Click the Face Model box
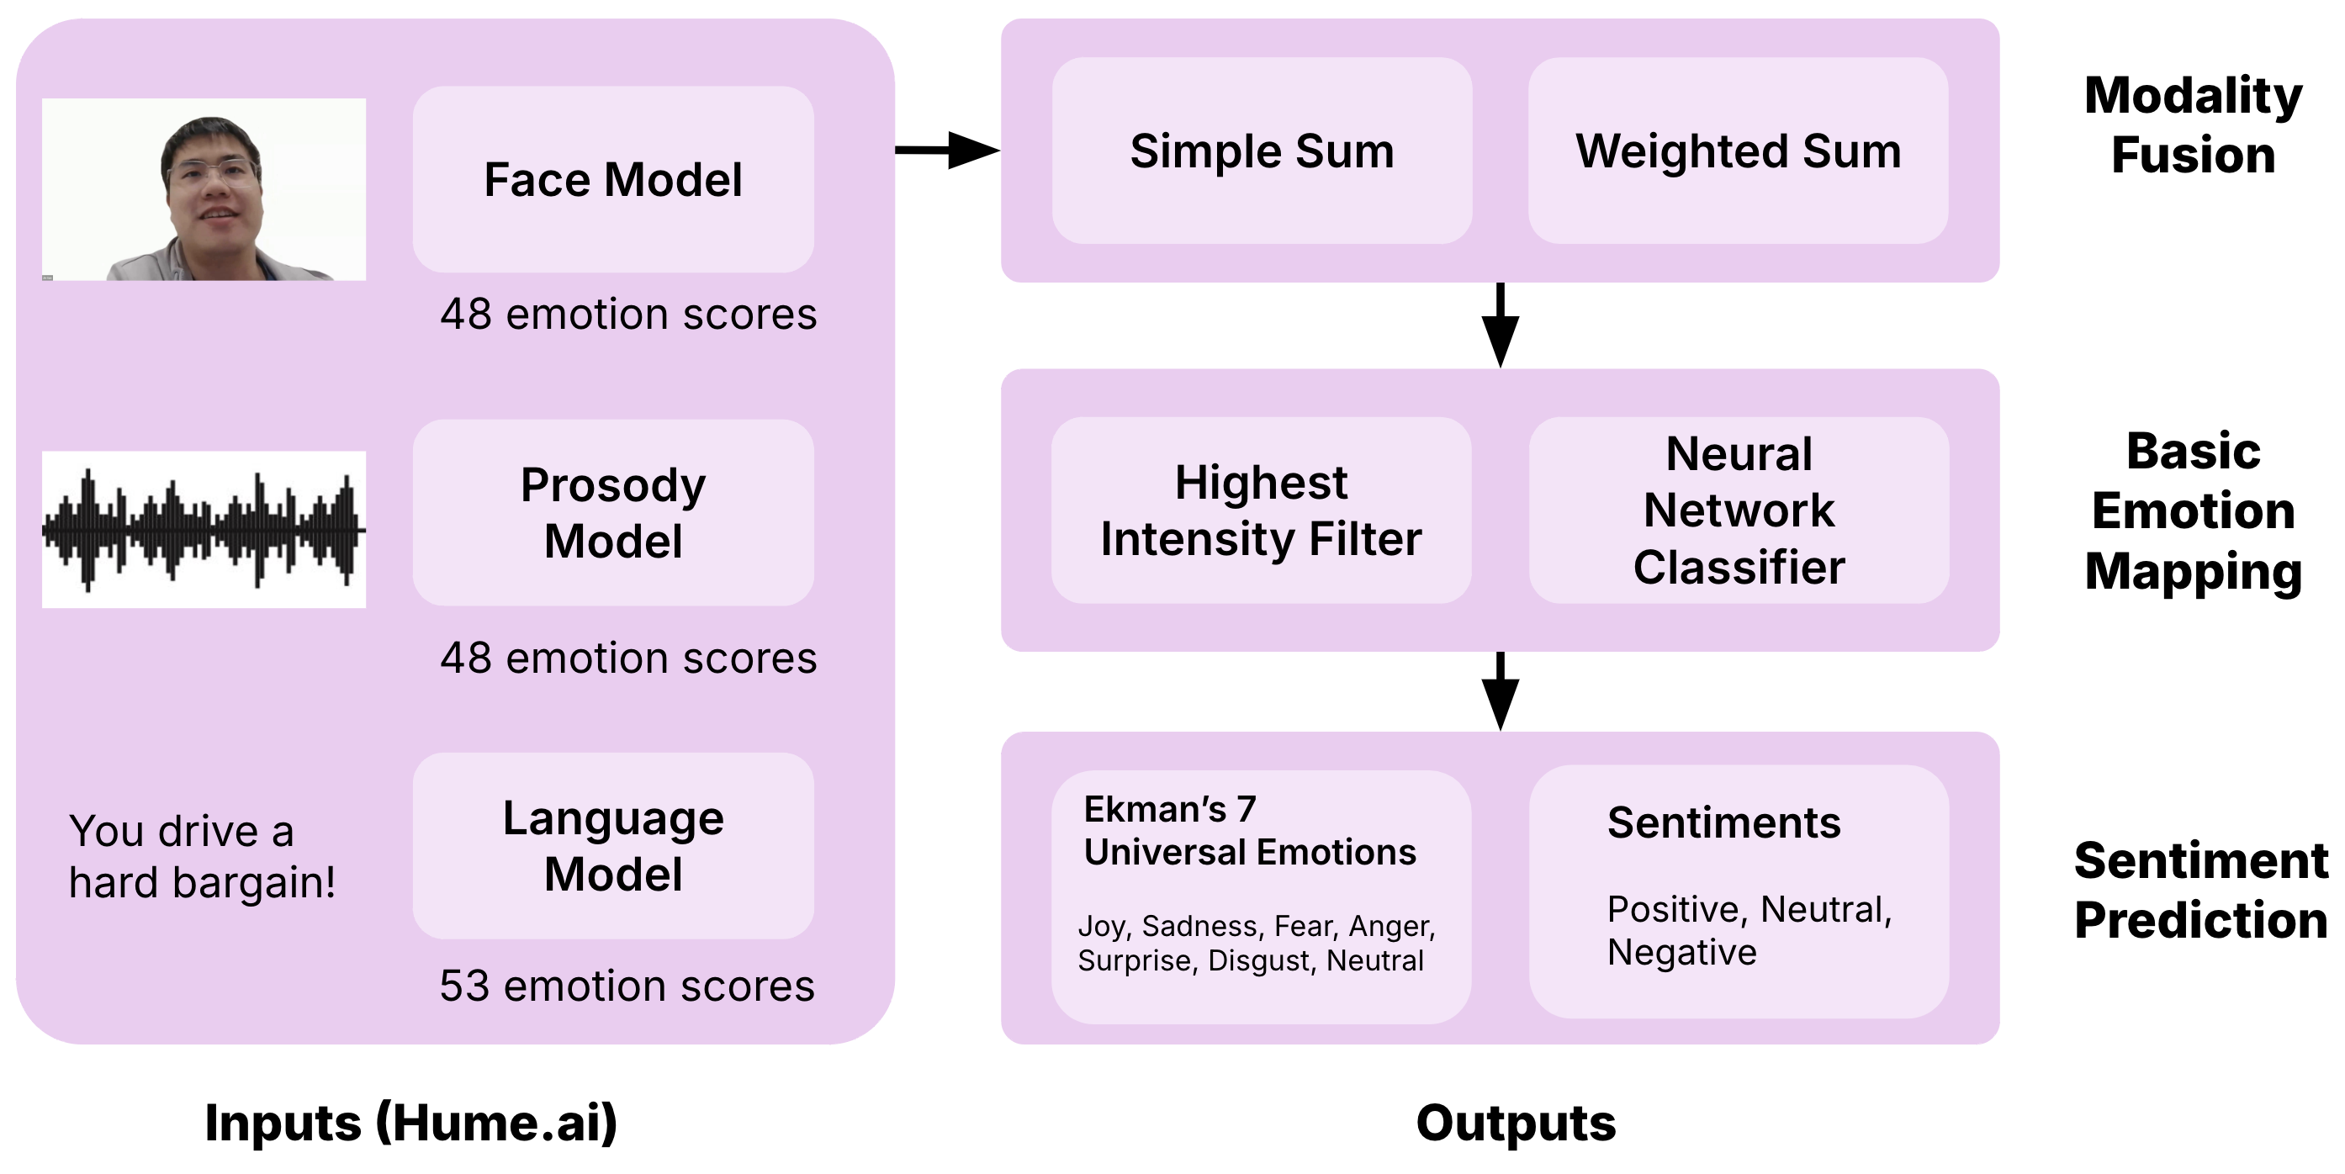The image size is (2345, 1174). click(x=612, y=179)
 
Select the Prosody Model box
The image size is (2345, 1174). click(x=612, y=512)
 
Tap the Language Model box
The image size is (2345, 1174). click(x=612, y=845)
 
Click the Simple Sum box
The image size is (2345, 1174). click(x=1262, y=151)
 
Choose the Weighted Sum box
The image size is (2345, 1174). click(x=1738, y=151)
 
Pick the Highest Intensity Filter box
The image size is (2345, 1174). click(x=1261, y=510)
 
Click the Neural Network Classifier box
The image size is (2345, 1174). click(x=1739, y=510)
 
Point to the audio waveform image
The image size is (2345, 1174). click(x=204, y=530)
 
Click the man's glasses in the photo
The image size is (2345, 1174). click(x=211, y=172)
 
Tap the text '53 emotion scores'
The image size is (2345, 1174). click(x=627, y=986)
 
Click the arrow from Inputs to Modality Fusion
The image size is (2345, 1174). click(x=947, y=151)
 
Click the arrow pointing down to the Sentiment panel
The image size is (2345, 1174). click(x=1501, y=691)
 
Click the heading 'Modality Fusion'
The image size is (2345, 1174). click(x=2192, y=124)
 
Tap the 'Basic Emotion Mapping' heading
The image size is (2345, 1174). click(x=2192, y=510)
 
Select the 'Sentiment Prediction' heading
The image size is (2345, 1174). click(x=2199, y=890)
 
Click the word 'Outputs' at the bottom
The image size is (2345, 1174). click(x=1516, y=1122)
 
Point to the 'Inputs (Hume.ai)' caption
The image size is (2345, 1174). click(x=411, y=1122)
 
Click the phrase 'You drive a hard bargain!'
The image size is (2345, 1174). click(x=202, y=856)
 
